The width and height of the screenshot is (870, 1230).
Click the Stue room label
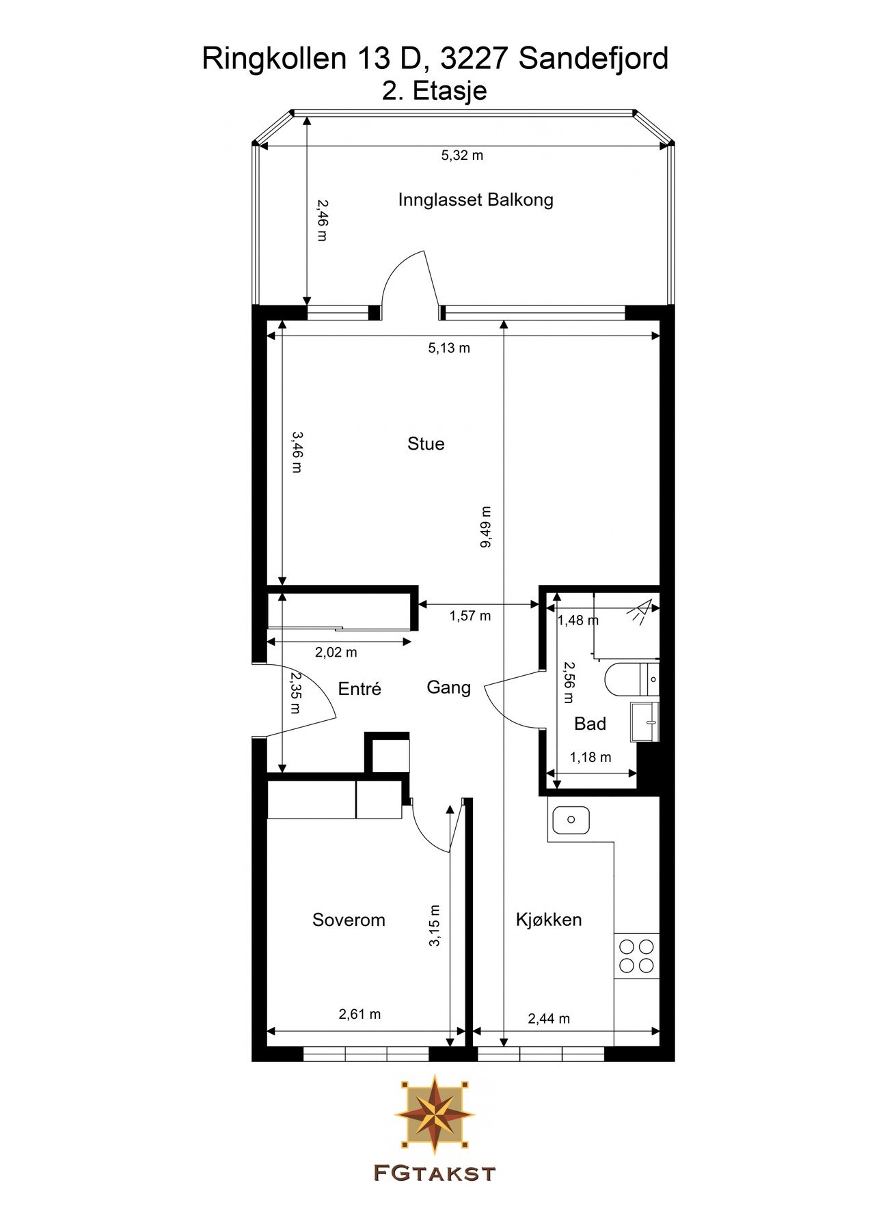[426, 444]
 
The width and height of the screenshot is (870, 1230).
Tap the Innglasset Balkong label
[476, 200]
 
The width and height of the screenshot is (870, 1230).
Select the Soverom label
[349, 920]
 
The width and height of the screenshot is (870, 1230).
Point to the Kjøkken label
[549, 920]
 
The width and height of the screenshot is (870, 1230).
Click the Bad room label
[590, 724]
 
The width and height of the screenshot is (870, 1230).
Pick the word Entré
[359, 689]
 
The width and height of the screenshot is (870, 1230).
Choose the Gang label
[448, 687]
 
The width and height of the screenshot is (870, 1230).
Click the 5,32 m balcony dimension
[462, 155]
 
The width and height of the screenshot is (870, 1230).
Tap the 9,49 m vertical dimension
[486, 527]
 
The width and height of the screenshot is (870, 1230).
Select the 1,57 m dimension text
[470, 616]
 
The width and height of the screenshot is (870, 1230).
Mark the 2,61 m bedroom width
[359, 1015]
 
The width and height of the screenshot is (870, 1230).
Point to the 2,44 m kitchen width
[549, 1019]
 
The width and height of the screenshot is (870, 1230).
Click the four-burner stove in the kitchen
[636, 956]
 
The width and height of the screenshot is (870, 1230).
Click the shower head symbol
[642, 610]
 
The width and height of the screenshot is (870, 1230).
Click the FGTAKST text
[435, 1174]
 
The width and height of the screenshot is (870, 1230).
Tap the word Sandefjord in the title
[593, 59]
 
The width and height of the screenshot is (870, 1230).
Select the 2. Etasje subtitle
[435, 91]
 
